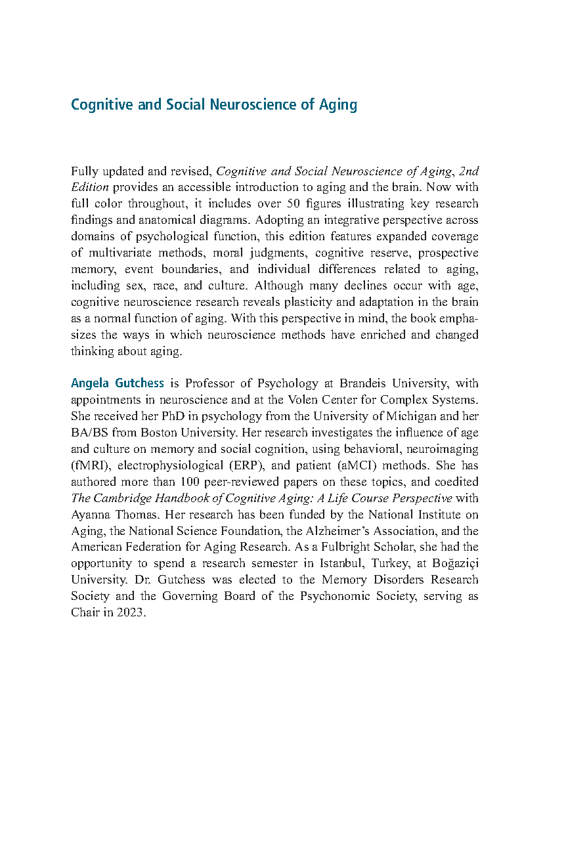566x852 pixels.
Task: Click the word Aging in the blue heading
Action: [x=338, y=105]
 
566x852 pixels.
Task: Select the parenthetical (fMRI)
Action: [x=90, y=465]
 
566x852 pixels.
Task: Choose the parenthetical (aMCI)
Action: [x=380, y=465]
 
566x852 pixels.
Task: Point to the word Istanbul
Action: [x=328, y=564]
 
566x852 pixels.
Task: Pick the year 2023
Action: [x=129, y=613]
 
